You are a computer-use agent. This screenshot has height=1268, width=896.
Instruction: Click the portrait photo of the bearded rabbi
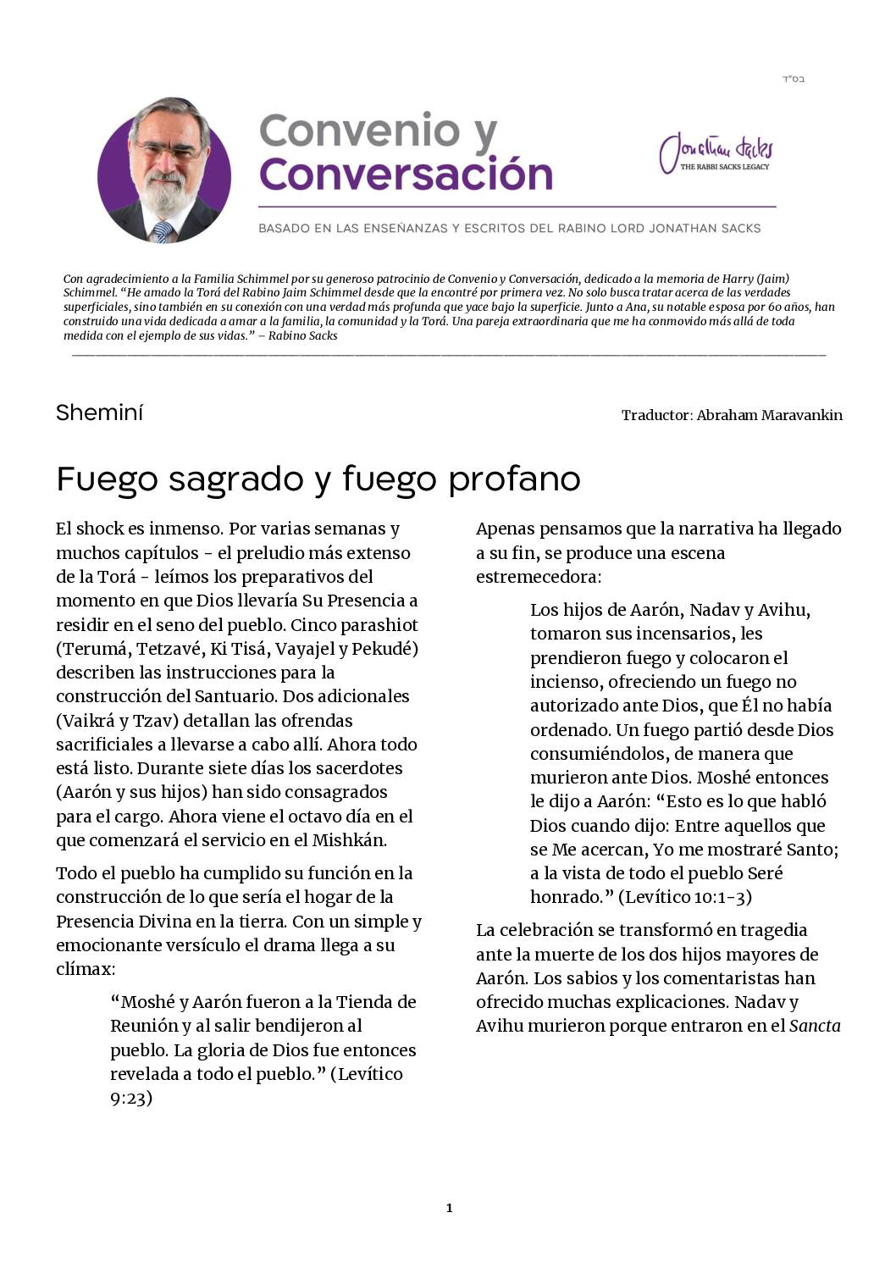point(164,170)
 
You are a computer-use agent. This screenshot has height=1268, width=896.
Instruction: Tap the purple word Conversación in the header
point(406,174)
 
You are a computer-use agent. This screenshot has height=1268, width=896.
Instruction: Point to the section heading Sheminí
point(100,413)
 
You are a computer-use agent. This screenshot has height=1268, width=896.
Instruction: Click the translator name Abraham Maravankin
point(769,415)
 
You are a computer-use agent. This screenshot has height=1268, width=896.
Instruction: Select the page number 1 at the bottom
point(449,1208)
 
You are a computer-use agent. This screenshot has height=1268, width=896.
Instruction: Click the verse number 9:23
point(131,1099)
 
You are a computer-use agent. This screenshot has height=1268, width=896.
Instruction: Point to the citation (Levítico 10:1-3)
point(684,897)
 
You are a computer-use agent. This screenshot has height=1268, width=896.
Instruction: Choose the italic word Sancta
point(815,1026)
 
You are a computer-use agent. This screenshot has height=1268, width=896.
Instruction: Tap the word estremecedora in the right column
point(538,577)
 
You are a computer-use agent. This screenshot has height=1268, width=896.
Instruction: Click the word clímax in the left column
point(85,969)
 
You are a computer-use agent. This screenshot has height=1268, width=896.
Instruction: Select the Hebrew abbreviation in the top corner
point(793,80)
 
